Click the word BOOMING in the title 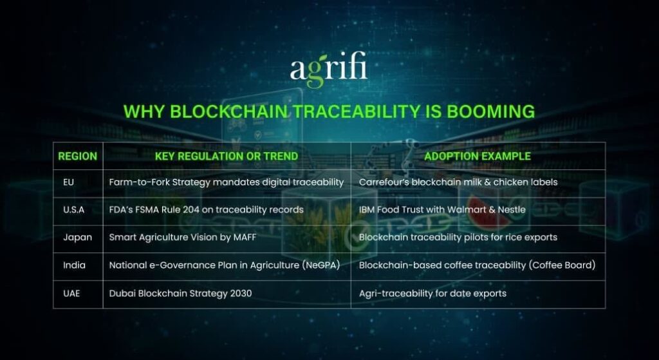point(493,111)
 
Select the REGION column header point(78,156)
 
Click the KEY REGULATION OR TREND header point(227,156)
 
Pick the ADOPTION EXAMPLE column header point(478,156)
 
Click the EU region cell point(68,182)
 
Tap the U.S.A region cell point(73,209)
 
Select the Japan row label point(77,237)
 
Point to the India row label point(74,265)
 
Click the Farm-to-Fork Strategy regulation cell point(226,182)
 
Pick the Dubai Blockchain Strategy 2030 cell point(180,294)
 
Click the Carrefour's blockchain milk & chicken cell point(458,182)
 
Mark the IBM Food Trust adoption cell point(442,209)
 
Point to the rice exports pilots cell point(458,237)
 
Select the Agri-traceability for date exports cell point(432,294)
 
